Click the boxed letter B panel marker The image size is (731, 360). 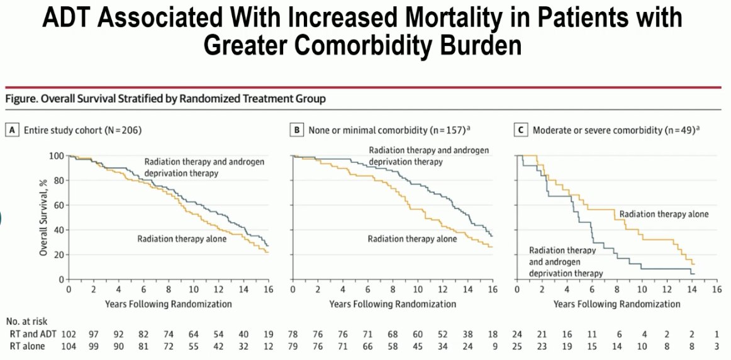point(296,130)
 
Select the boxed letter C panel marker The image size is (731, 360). point(521,130)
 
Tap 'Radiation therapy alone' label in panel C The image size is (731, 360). point(664,214)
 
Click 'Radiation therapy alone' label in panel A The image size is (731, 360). point(182,239)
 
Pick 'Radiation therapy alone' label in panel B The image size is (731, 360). point(412,239)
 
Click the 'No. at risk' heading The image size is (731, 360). point(26,322)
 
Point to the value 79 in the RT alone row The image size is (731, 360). point(293,347)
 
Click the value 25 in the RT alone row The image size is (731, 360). point(518,347)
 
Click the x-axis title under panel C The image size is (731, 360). point(617,304)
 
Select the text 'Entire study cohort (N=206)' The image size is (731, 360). point(82,131)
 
